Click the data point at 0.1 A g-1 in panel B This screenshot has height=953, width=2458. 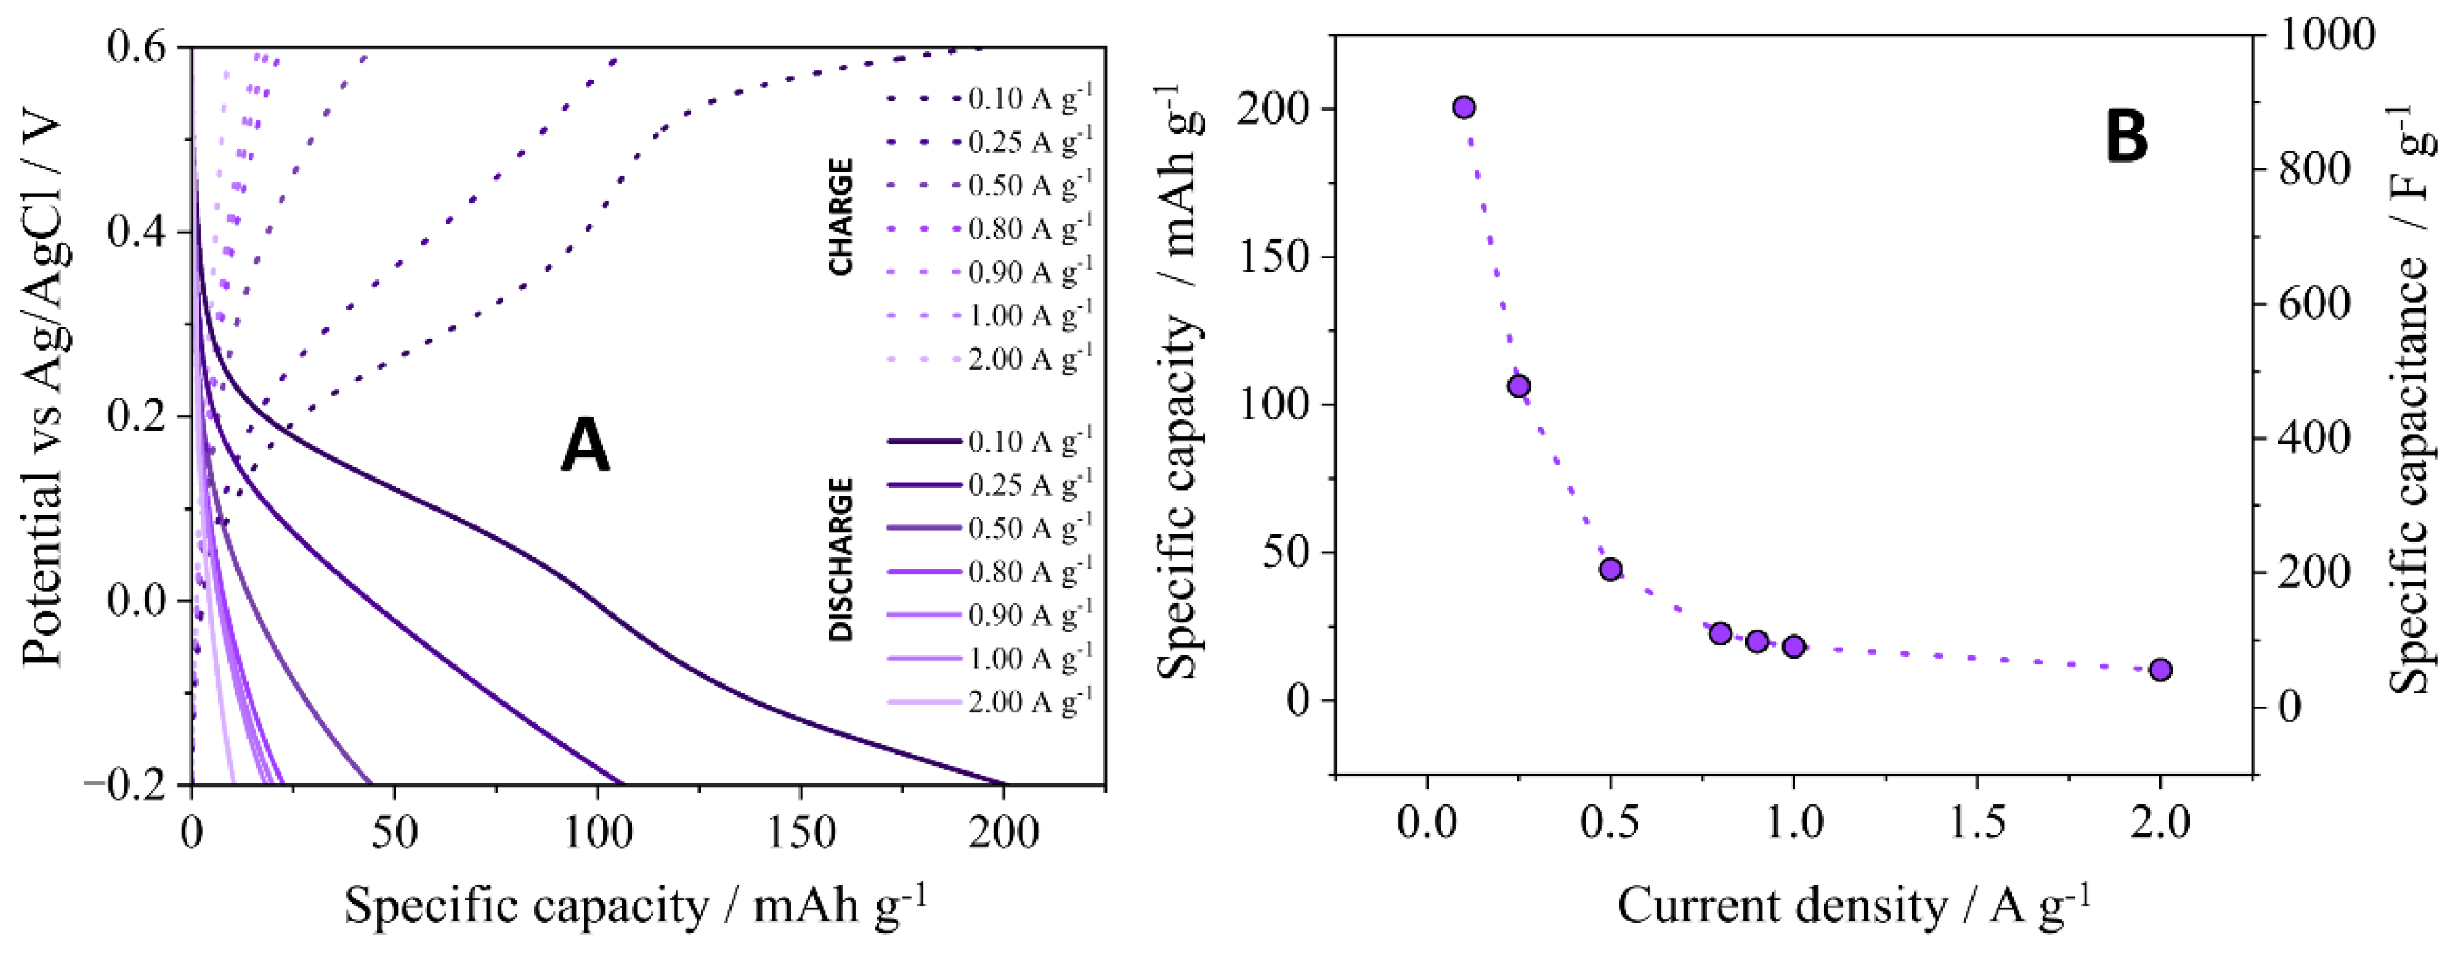pos(1464,107)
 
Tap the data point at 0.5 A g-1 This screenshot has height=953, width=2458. pos(1611,569)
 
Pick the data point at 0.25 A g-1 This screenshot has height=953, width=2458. pos(1519,386)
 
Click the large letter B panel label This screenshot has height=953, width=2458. pos(2127,139)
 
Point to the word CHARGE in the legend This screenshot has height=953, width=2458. pos(841,217)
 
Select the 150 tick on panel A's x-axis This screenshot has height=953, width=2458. pos(800,833)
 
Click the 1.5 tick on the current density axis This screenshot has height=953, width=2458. pos(1976,822)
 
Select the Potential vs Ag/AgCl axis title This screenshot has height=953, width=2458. pos(43,392)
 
